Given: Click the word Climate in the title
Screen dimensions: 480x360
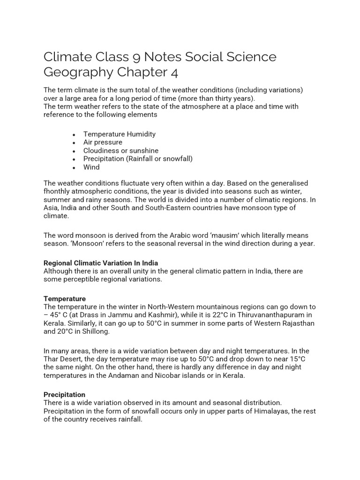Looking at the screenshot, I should click(66, 57).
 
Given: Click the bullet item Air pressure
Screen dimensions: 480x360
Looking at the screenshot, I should click(103, 142).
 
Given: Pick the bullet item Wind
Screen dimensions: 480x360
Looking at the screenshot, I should click(91, 167).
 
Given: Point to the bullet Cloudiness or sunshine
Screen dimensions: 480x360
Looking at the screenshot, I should click(121, 150).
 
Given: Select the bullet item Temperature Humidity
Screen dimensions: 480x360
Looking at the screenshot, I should click(120, 134).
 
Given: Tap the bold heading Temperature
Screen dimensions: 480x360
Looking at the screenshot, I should click(65, 299).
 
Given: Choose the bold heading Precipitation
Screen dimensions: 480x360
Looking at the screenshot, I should click(65, 395).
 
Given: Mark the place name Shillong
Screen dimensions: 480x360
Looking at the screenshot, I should click(95, 331).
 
